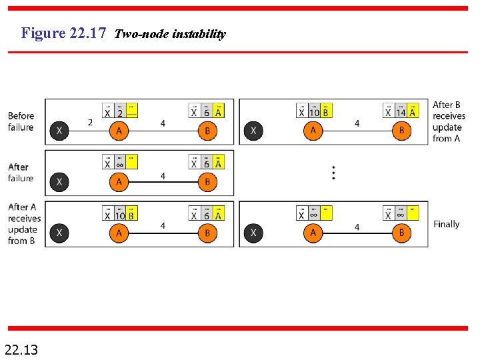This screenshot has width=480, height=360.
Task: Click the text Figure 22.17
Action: tap(63, 33)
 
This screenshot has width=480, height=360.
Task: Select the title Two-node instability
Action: tap(170, 34)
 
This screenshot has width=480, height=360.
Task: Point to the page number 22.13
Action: tap(21, 348)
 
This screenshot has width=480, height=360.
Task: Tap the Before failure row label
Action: tap(21, 121)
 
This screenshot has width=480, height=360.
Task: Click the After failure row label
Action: tap(21, 173)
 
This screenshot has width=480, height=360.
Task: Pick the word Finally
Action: tap(446, 224)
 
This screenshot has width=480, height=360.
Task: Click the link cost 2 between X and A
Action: tap(90, 122)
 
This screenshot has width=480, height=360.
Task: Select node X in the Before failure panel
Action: tap(59, 131)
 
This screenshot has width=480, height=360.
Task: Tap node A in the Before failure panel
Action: tap(119, 131)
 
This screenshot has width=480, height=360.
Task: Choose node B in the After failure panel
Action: tap(207, 181)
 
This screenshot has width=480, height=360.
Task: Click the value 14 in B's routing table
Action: tap(400, 113)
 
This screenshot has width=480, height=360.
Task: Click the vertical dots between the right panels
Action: tap(333, 173)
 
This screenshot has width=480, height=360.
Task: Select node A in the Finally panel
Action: tap(313, 233)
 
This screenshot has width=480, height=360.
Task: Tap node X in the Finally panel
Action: tap(253, 233)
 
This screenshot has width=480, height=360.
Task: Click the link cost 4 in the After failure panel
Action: tap(163, 176)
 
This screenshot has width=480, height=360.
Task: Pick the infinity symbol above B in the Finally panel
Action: tap(400, 215)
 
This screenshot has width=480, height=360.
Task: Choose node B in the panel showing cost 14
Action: tap(401, 131)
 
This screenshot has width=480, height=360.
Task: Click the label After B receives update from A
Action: tap(448, 121)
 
